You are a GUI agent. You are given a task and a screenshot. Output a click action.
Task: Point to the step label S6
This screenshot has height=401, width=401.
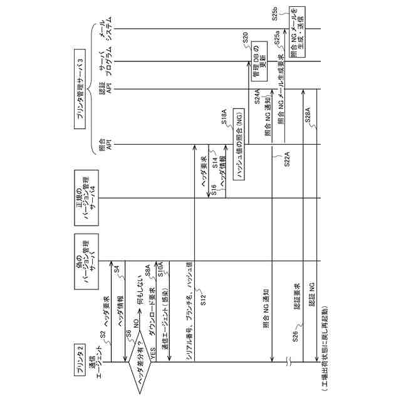(x=129, y=336)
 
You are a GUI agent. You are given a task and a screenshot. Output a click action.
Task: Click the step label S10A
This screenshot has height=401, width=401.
(x=160, y=270)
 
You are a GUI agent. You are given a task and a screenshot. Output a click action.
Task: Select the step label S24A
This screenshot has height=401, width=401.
(x=257, y=96)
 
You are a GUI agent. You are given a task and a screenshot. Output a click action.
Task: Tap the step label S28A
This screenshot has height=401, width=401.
(x=308, y=122)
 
